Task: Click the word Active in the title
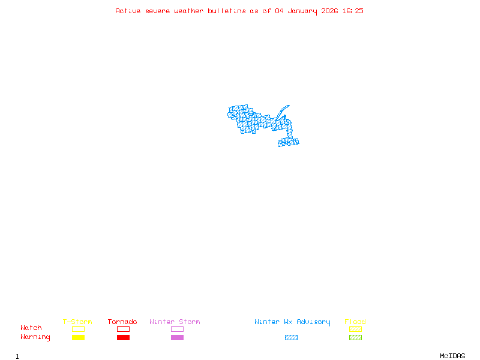click(128, 11)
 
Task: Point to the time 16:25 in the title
click(353, 11)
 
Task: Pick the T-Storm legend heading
click(77, 322)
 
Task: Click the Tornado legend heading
click(122, 322)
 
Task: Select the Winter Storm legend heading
click(175, 322)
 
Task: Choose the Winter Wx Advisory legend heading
click(292, 322)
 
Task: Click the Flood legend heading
click(355, 322)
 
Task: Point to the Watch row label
click(31, 328)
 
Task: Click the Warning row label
click(35, 337)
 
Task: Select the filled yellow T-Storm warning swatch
click(78, 337)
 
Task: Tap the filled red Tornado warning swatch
click(123, 337)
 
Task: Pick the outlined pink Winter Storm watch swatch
click(177, 329)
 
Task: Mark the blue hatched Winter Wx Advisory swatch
click(291, 337)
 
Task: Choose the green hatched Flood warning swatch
click(355, 337)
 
